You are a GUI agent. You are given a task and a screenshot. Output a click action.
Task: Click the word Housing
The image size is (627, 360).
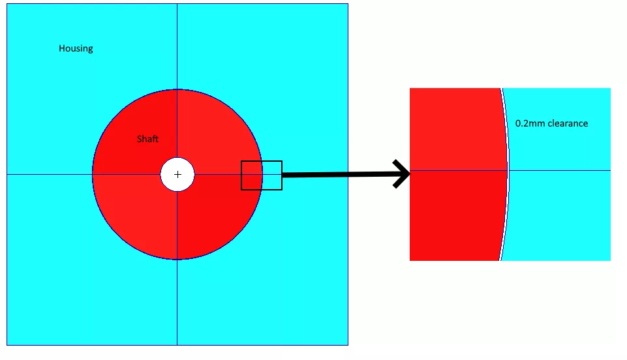(x=76, y=48)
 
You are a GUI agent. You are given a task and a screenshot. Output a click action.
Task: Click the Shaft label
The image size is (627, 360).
(x=147, y=139)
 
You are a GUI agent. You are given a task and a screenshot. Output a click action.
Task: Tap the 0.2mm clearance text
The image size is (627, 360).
(x=551, y=123)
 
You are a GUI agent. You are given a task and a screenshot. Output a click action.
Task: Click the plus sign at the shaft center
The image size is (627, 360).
(x=177, y=175)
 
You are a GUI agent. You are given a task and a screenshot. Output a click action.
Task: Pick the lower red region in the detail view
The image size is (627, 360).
(x=453, y=215)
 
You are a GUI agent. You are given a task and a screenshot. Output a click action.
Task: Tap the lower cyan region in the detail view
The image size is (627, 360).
(x=561, y=215)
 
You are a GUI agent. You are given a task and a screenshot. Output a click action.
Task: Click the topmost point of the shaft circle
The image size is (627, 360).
(x=177, y=89)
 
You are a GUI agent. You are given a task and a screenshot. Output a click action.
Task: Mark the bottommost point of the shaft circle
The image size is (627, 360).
(x=177, y=260)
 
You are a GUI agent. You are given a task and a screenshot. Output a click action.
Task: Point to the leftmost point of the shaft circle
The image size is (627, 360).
(x=93, y=174)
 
